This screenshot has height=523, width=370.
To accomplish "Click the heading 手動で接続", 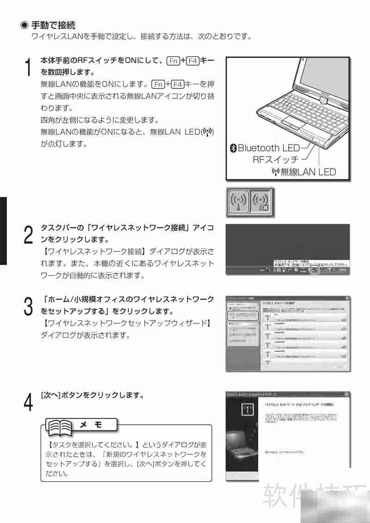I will (x=53, y=25).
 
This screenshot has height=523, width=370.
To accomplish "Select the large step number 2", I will (x=28, y=235).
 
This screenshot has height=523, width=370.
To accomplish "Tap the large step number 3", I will (x=28, y=306).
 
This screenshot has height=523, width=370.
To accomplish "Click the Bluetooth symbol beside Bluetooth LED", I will (x=234, y=148).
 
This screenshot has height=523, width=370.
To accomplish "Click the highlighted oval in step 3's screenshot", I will (x=243, y=316).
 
